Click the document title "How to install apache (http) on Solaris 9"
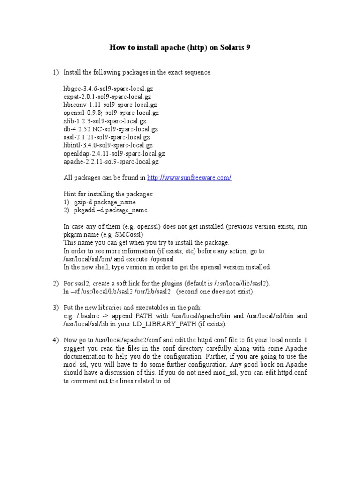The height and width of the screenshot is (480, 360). click(180, 48)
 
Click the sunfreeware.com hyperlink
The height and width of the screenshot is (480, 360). click(189, 178)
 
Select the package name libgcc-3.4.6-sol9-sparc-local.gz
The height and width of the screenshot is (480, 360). click(108, 89)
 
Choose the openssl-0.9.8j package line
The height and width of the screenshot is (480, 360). click(111, 113)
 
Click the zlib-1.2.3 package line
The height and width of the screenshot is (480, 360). click(105, 121)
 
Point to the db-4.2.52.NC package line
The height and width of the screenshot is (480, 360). click(111, 129)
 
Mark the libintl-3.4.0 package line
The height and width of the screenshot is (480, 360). click(108, 145)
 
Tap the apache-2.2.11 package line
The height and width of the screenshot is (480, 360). click(111, 161)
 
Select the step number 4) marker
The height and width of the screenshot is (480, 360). click(55, 340)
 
